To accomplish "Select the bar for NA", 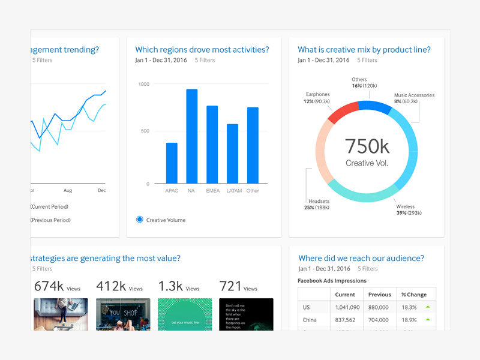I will pos(192,136).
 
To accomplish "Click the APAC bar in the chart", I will pos(172,163).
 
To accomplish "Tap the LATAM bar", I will pos(232,154).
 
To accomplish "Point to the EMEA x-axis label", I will pos(212,191).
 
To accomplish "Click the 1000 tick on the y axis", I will pos(143,84).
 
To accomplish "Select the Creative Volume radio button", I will pos(140,220).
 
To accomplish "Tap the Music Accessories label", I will pos(414,95).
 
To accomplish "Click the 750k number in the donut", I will pos(367,145).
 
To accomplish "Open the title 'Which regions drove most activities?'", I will pos(202,50).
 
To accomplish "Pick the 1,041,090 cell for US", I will pos(345,307).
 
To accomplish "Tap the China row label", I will pos(310,320).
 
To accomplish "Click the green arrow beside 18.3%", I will pos(428,307).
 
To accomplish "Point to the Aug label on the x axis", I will pos(68,191).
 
